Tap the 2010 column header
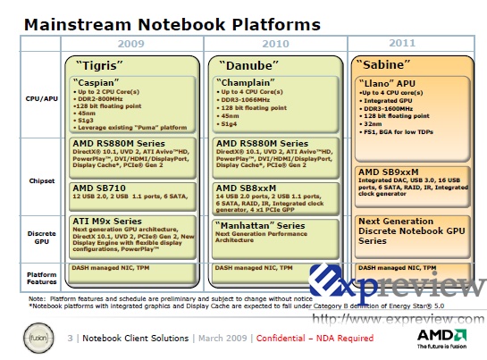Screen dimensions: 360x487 tap(275, 43)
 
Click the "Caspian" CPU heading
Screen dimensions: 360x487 tap(100, 81)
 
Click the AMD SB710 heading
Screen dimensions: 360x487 tap(99, 188)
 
